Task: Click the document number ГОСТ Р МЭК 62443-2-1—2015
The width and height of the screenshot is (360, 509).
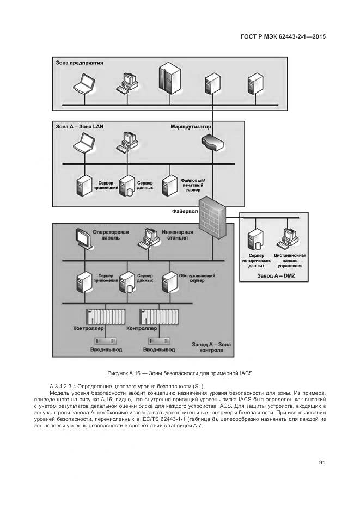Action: click(286, 37)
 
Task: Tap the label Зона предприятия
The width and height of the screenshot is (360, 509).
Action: click(80, 63)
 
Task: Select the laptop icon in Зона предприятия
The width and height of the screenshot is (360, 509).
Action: click(84, 82)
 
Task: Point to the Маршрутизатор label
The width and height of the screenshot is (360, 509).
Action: click(191, 126)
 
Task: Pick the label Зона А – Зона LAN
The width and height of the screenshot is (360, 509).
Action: click(80, 126)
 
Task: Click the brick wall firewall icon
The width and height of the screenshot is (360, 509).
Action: click(213, 218)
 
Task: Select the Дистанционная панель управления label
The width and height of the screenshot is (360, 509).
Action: click(290, 261)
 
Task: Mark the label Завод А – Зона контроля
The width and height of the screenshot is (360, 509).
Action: click(212, 347)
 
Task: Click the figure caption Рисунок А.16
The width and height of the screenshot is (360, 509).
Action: click(180, 373)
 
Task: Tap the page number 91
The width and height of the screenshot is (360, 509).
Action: click(322, 462)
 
